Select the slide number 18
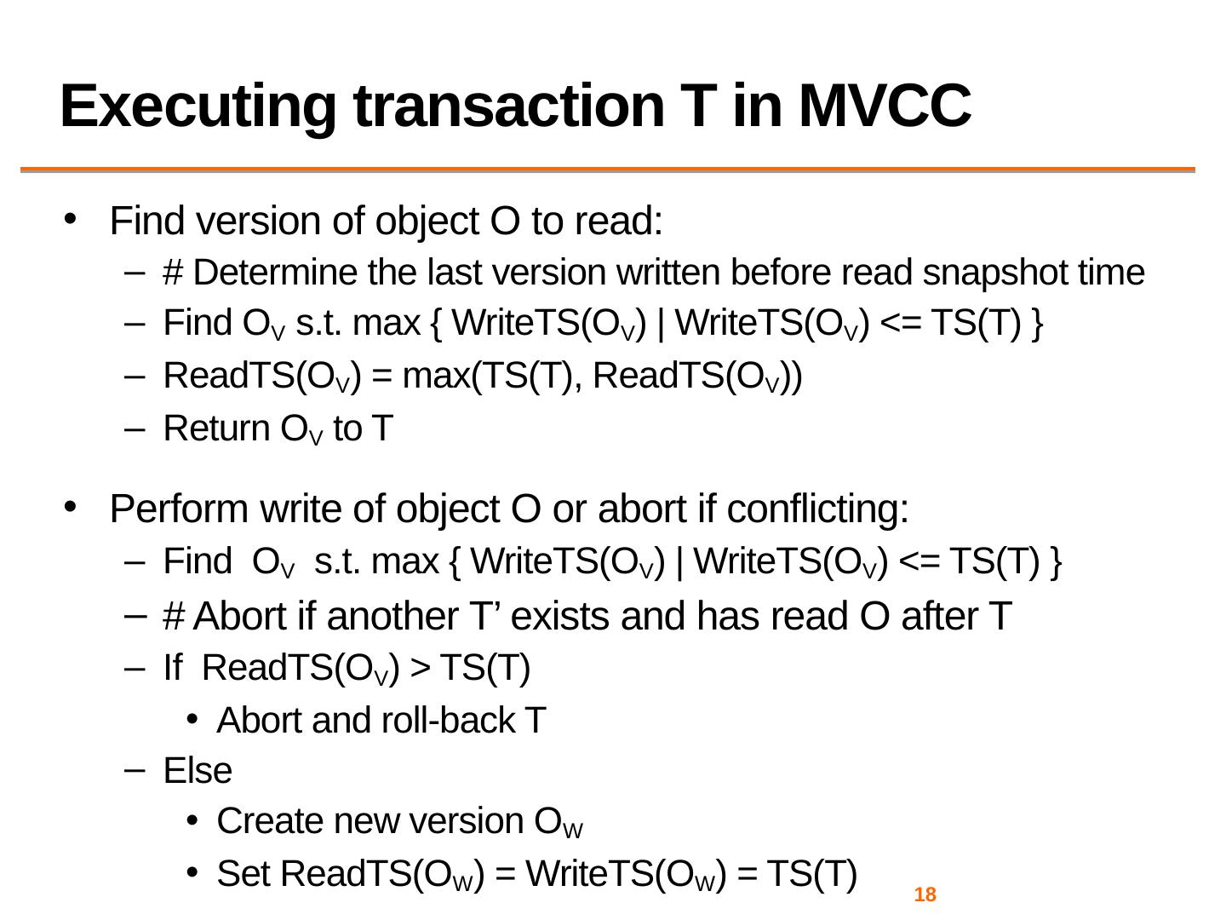(925, 895)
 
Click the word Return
(216, 428)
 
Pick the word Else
(198, 771)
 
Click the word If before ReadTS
(173, 669)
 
